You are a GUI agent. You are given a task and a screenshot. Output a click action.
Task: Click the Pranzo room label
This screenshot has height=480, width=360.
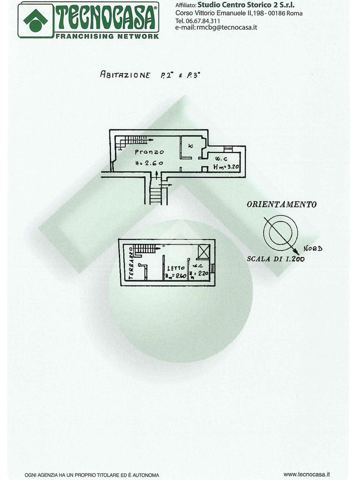(150, 152)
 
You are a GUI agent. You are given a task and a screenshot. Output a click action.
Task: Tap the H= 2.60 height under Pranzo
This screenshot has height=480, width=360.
(149, 163)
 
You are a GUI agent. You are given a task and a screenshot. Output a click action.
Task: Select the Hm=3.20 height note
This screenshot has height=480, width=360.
(227, 167)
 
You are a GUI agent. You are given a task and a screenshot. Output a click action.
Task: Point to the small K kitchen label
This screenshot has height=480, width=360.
(191, 146)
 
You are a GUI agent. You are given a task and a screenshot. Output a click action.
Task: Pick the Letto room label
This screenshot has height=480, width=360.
(176, 268)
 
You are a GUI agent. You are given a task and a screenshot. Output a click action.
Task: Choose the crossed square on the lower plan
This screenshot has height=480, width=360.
(204, 252)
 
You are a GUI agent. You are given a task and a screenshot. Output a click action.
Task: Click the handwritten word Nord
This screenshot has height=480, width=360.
(313, 248)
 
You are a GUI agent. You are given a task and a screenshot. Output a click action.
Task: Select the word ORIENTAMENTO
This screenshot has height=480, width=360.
(281, 204)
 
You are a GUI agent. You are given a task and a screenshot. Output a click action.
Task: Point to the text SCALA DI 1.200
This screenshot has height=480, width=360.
(276, 259)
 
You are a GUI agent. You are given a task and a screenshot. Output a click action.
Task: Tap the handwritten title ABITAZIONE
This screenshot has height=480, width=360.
(125, 75)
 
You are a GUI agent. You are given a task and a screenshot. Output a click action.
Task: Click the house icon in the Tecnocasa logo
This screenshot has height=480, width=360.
(36, 20)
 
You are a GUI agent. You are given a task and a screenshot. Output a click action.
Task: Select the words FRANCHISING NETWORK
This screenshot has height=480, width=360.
(107, 36)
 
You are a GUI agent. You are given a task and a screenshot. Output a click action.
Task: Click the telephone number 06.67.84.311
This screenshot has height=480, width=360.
(203, 21)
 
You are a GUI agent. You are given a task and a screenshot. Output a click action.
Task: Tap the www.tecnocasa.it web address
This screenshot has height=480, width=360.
(307, 474)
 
